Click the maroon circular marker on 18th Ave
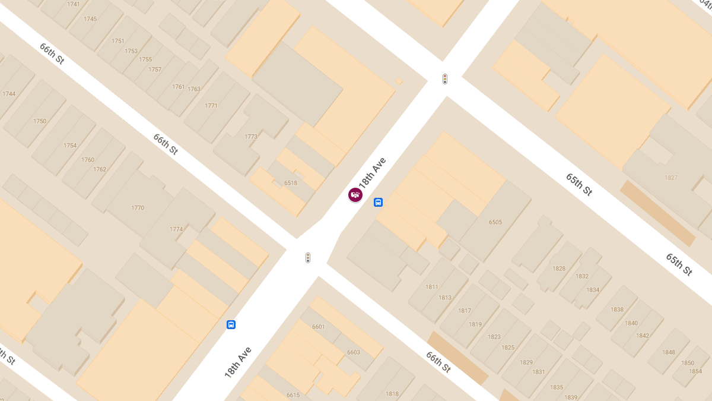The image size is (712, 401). (355, 194)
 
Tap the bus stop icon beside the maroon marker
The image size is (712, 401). (378, 203)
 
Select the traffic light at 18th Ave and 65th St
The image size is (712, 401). (445, 79)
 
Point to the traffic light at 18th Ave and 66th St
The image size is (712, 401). (308, 258)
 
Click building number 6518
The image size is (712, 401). (291, 183)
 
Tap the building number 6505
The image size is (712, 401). (495, 223)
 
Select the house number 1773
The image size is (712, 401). (251, 137)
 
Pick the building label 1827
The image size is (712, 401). (671, 178)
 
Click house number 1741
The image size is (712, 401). (74, 4)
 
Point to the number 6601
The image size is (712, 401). (319, 327)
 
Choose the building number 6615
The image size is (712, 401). (293, 395)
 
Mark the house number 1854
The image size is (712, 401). (695, 371)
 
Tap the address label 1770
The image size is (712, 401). (138, 208)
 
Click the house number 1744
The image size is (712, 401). (9, 94)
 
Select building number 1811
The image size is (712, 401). (432, 288)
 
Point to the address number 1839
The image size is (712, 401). (571, 397)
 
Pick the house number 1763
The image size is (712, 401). (194, 89)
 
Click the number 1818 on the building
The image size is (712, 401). (392, 394)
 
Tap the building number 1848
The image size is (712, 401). (669, 352)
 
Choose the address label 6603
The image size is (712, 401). (354, 352)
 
